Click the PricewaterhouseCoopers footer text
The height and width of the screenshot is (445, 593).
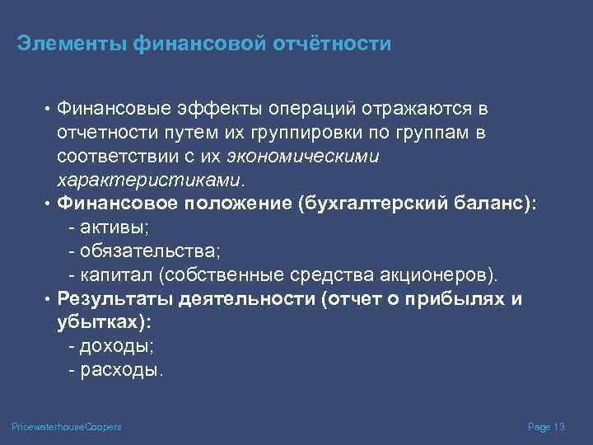pos(67,427)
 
